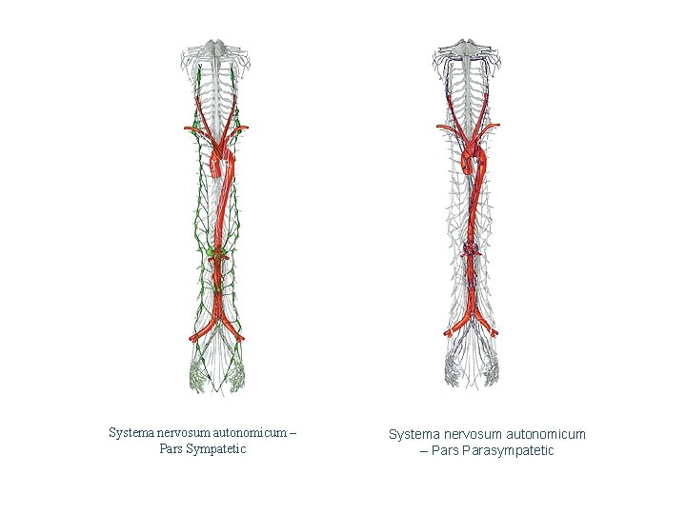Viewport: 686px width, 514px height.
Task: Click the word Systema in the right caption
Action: [x=413, y=434]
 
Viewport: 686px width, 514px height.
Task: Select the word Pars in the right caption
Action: [x=447, y=450]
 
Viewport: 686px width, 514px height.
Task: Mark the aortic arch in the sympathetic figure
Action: [x=220, y=162]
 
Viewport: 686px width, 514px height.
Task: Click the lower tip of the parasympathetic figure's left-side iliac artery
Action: [x=448, y=333]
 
